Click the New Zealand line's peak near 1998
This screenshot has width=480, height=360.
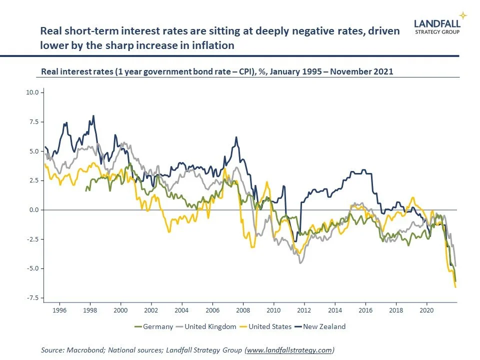(93, 115)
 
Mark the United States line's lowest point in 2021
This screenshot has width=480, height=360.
(455, 287)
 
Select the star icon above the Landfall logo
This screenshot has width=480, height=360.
(463, 15)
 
